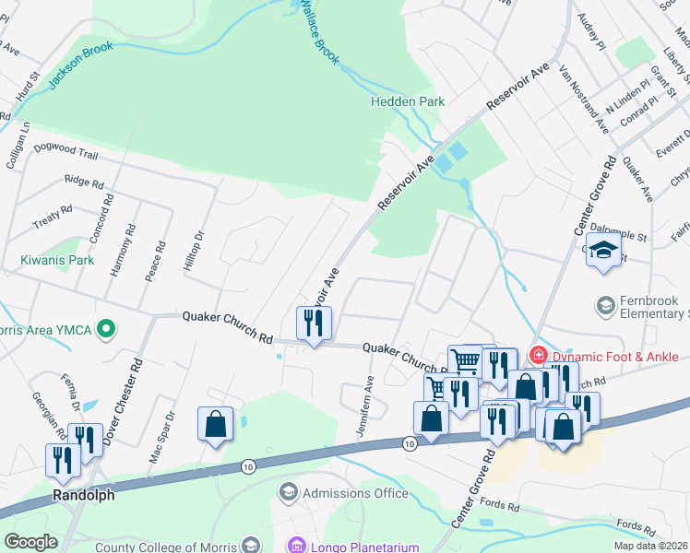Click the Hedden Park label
coord(408,101)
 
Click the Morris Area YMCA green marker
coord(106,328)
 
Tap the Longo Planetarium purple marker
coord(296,547)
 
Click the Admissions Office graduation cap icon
coord(289,493)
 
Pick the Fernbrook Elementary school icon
coord(606,304)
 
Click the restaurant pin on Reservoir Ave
coord(314,324)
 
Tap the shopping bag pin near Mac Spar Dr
coord(215,425)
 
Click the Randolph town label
coord(83,495)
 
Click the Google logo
coord(30,542)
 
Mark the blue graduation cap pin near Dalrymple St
coord(604,251)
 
